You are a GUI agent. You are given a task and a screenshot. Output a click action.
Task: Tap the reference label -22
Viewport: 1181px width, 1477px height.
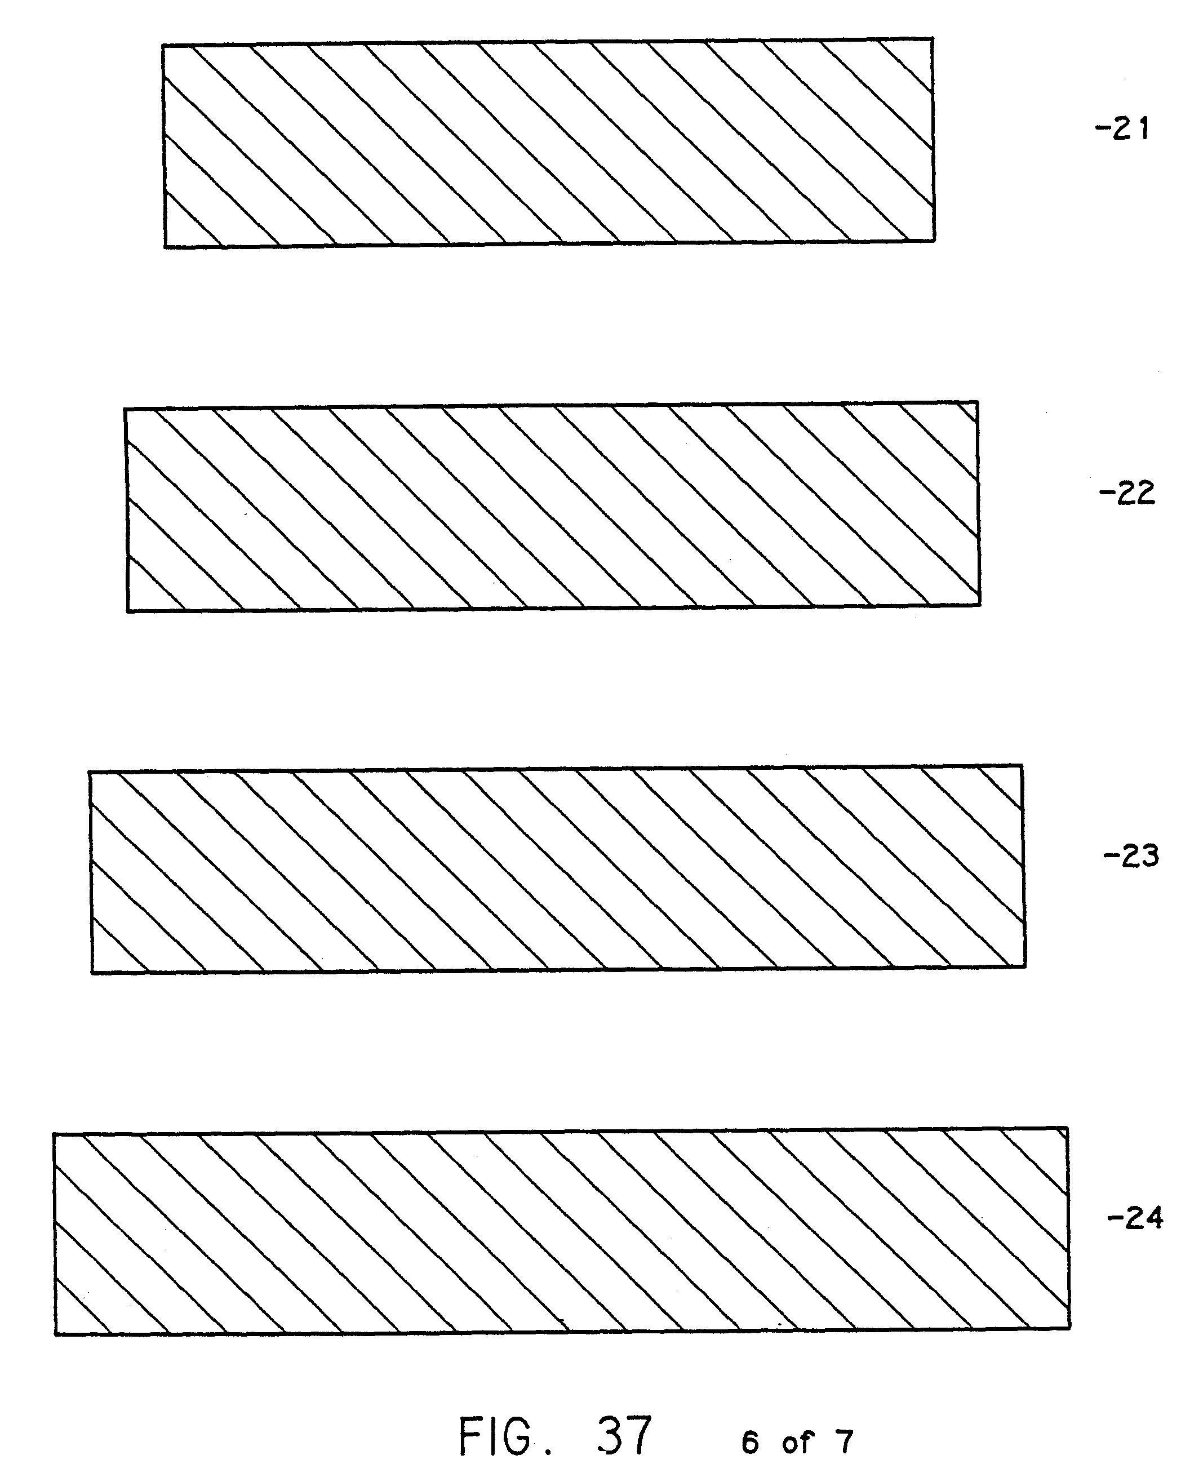pyautogui.click(x=1127, y=493)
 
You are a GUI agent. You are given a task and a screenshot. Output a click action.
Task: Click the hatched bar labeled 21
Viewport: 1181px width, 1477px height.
pyautogui.click(x=548, y=143)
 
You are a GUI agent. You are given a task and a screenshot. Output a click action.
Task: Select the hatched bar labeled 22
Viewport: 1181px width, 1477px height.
pyautogui.click(x=552, y=506)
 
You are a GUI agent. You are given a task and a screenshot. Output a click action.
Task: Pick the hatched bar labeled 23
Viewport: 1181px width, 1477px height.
pyautogui.click(x=557, y=868)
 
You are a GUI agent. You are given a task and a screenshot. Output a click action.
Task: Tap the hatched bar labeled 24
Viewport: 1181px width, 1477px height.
pyautogui.click(x=561, y=1232)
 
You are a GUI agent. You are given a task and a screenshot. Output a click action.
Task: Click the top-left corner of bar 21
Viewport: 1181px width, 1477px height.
pyautogui.click(x=163, y=46)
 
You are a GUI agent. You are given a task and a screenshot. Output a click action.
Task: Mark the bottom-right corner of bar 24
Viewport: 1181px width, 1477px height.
pyautogui.click(x=1069, y=1328)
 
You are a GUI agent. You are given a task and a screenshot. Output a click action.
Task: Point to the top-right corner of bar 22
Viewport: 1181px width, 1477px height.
pyautogui.click(x=977, y=402)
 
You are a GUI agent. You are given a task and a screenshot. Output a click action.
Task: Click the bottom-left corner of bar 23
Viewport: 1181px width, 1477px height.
pyautogui.click(x=92, y=972)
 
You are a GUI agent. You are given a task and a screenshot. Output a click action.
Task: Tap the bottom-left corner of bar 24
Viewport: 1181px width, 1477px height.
pyautogui.click(x=55, y=1334)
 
